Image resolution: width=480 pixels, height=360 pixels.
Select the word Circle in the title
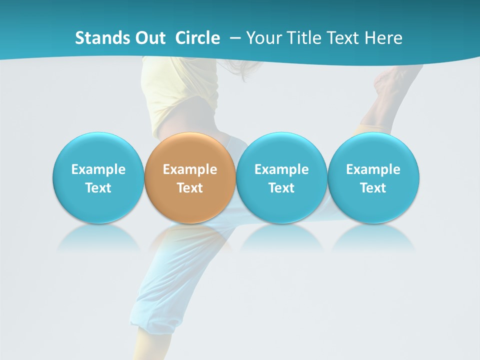[x=197, y=38]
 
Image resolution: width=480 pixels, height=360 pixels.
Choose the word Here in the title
[x=384, y=38]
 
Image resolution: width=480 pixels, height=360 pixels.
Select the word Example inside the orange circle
[x=190, y=169]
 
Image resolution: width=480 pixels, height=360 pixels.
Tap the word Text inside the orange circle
[x=190, y=188]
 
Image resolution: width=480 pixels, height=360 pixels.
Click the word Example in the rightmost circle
[x=373, y=169]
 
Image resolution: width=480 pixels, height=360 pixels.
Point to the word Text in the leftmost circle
[x=98, y=188]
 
